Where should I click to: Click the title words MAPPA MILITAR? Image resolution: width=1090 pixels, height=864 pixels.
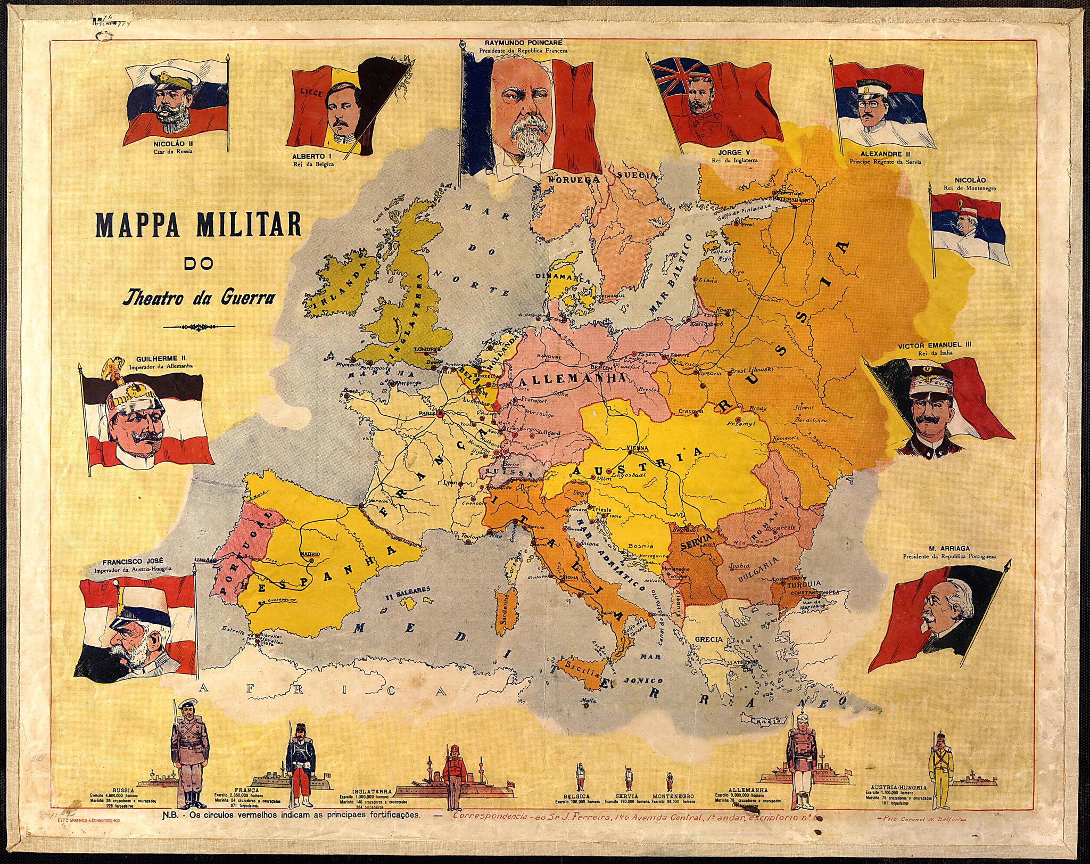(x=197, y=226)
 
